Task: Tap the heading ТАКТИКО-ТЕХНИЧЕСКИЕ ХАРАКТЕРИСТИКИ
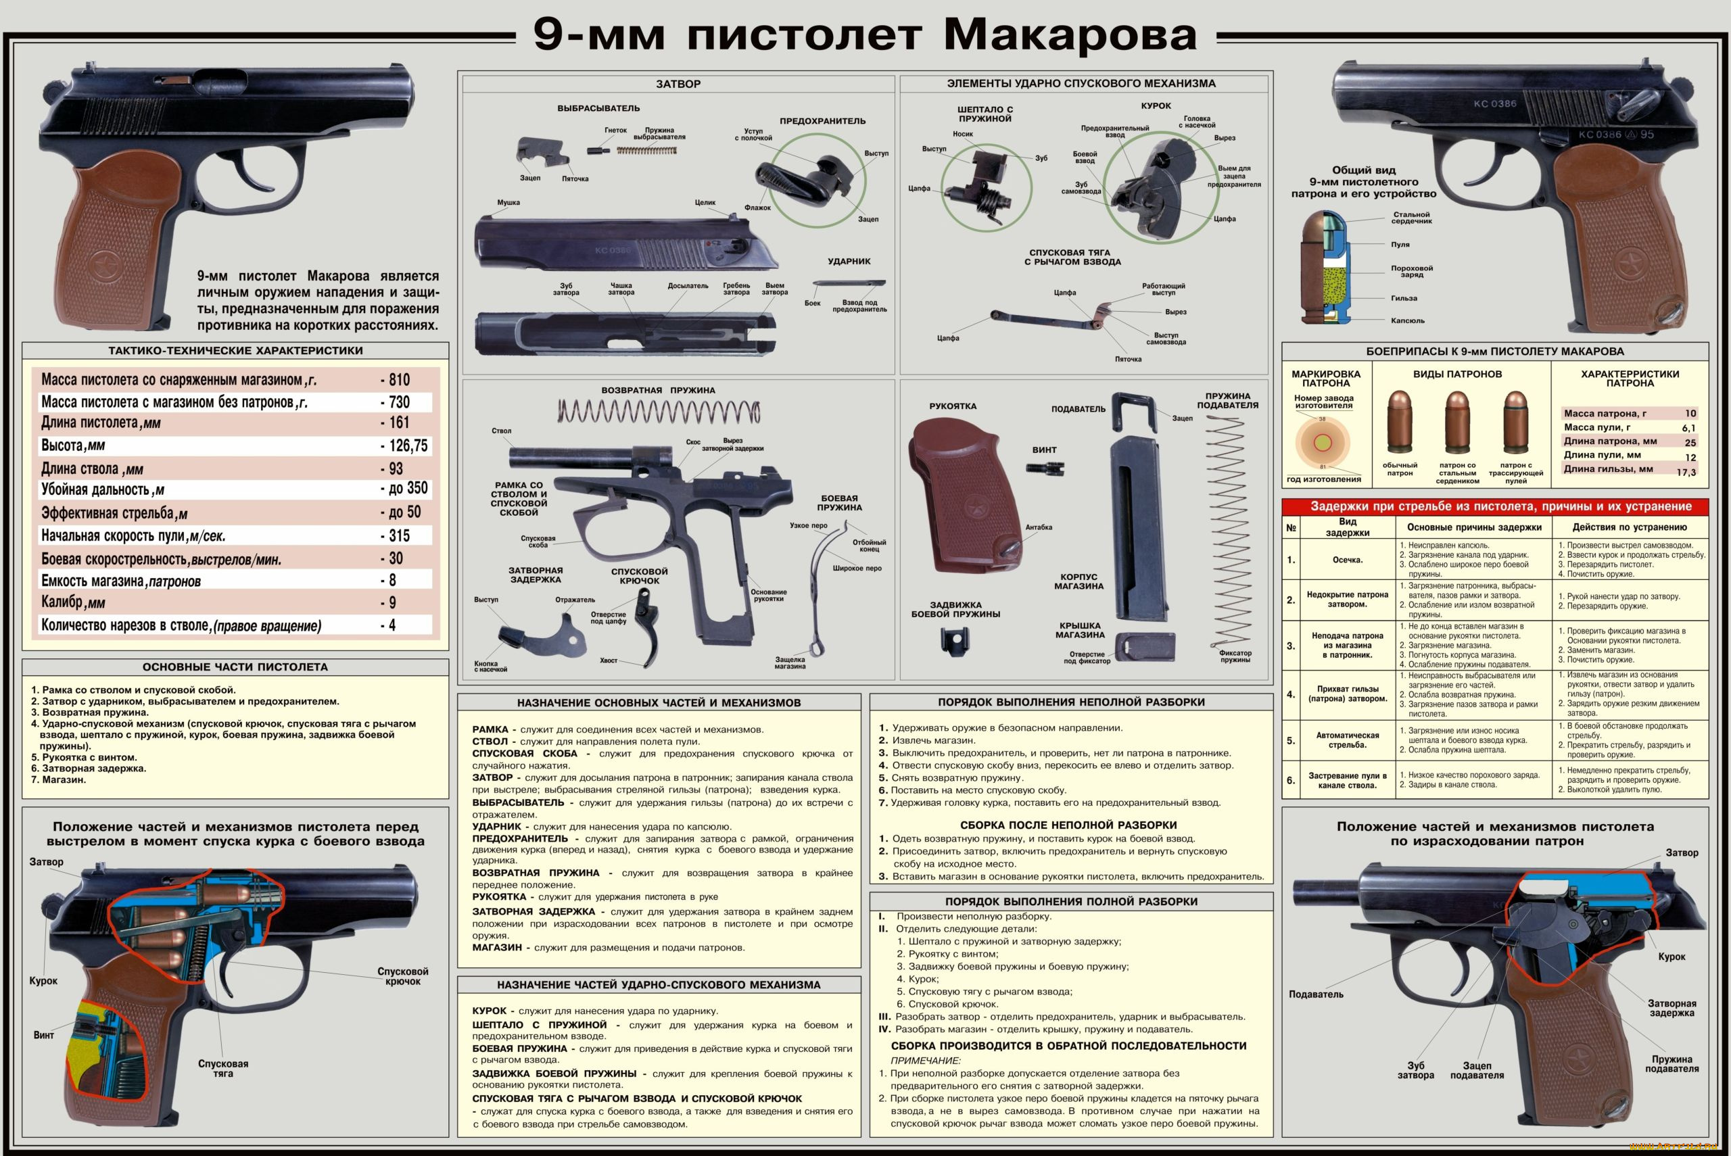(x=235, y=351)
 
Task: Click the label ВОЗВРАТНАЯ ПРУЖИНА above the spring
(x=658, y=391)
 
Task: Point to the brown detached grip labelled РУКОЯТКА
(x=962, y=494)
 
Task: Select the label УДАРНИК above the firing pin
(x=849, y=262)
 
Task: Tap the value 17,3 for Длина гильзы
(x=1685, y=473)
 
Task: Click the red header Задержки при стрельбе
(x=1495, y=506)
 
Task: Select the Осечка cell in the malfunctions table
(x=1347, y=560)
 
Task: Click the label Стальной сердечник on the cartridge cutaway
(x=1411, y=218)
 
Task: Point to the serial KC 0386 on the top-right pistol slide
(x=1495, y=104)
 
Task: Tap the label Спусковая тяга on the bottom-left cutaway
(x=222, y=1068)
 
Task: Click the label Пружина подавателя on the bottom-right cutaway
(x=1671, y=1064)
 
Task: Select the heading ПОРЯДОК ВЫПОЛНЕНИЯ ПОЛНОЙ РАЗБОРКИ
(x=1071, y=902)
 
